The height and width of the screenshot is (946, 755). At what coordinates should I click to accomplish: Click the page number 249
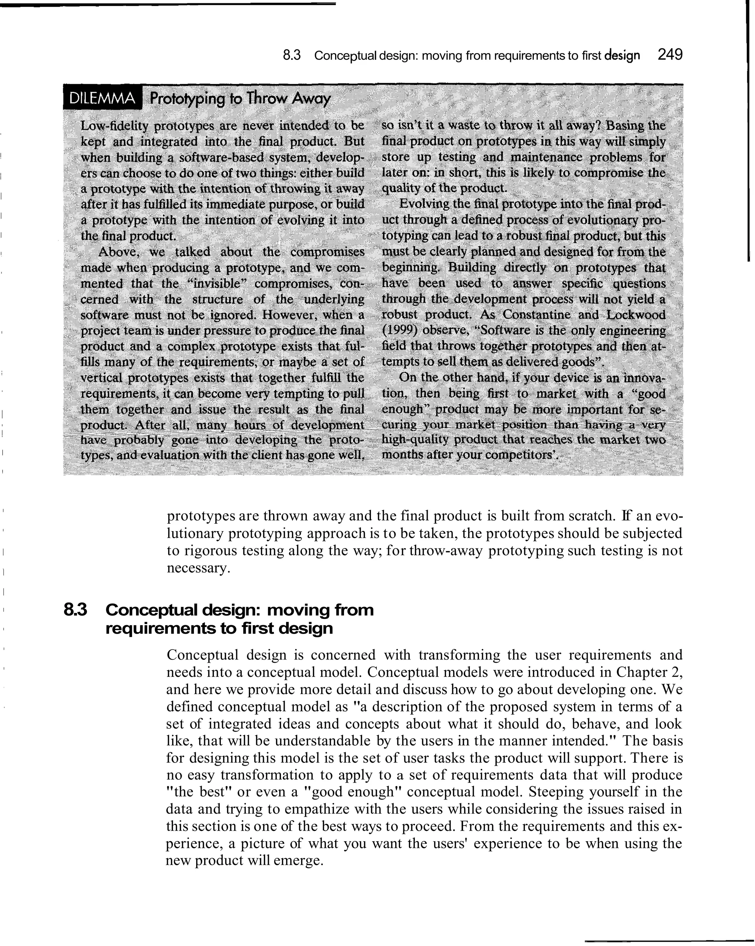(x=670, y=55)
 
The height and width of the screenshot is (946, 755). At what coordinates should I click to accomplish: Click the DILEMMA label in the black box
(x=102, y=99)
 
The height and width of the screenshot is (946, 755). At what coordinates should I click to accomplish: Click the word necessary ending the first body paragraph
(x=198, y=568)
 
